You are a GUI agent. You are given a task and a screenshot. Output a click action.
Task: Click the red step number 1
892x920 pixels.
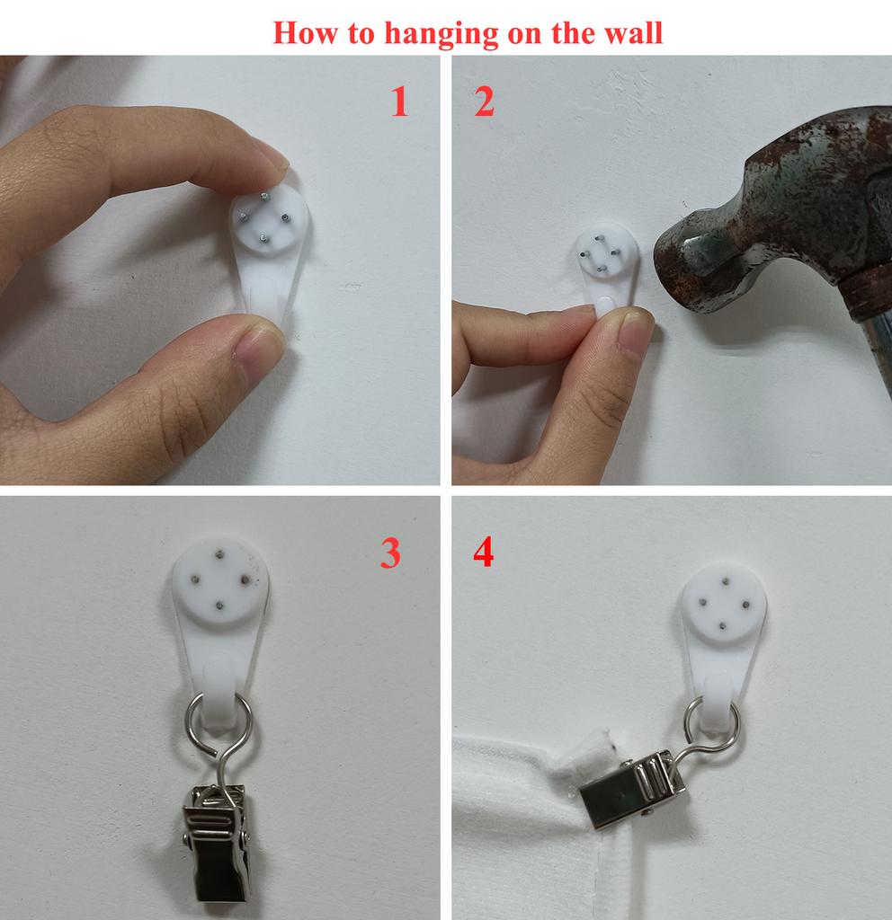click(400, 101)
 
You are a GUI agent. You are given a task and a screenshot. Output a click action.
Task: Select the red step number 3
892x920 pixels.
click(390, 553)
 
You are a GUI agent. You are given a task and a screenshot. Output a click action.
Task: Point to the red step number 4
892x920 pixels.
click(483, 553)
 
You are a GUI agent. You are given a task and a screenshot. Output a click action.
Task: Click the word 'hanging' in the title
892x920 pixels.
click(441, 33)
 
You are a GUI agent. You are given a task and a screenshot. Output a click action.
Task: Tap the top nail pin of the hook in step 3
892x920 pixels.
click(219, 553)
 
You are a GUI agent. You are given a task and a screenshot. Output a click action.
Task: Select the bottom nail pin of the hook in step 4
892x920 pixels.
click(723, 627)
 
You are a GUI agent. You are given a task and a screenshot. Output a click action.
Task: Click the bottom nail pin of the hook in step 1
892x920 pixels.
click(263, 238)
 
